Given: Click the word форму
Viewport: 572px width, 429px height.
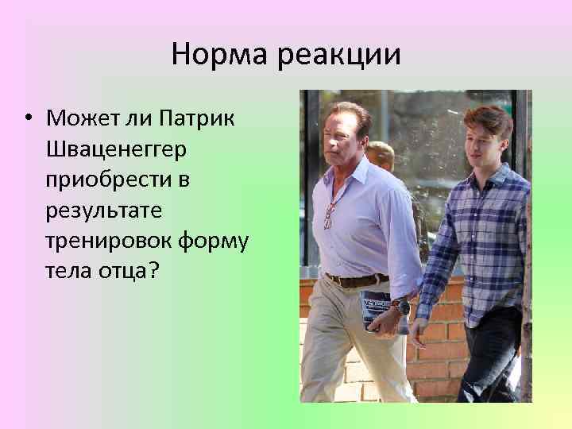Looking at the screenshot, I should pos(214,241).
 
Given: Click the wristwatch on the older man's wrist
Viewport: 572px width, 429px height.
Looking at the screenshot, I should pos(403,306).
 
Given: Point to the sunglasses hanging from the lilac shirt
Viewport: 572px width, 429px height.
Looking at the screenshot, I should pos(328,215).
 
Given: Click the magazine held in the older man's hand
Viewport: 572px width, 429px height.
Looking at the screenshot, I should pos(377,311).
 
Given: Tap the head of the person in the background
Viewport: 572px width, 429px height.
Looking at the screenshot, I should pos(381,155).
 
